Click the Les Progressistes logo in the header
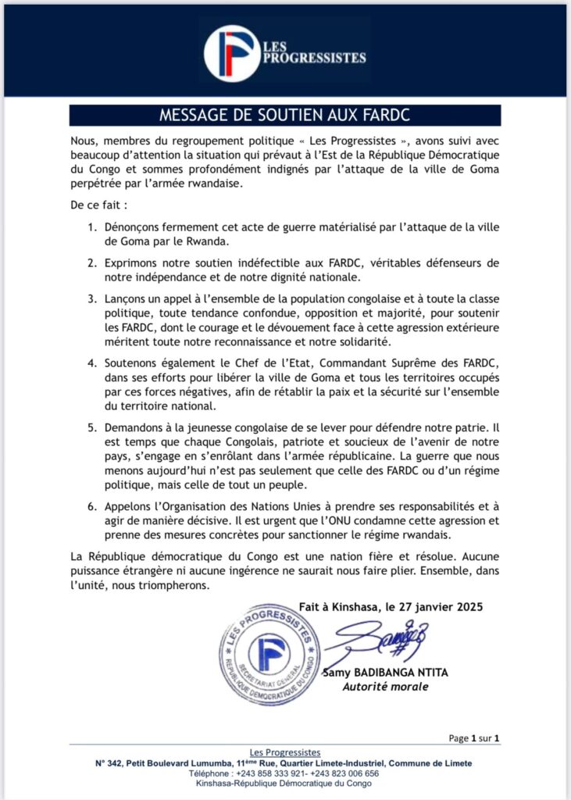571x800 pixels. click(x=285, y=53)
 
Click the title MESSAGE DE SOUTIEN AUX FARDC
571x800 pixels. click(x=285, y=116)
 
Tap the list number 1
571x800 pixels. click(x=92, y=227)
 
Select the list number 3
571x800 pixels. click(x=92, y=298)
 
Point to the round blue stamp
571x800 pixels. click(x=269, y=654)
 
